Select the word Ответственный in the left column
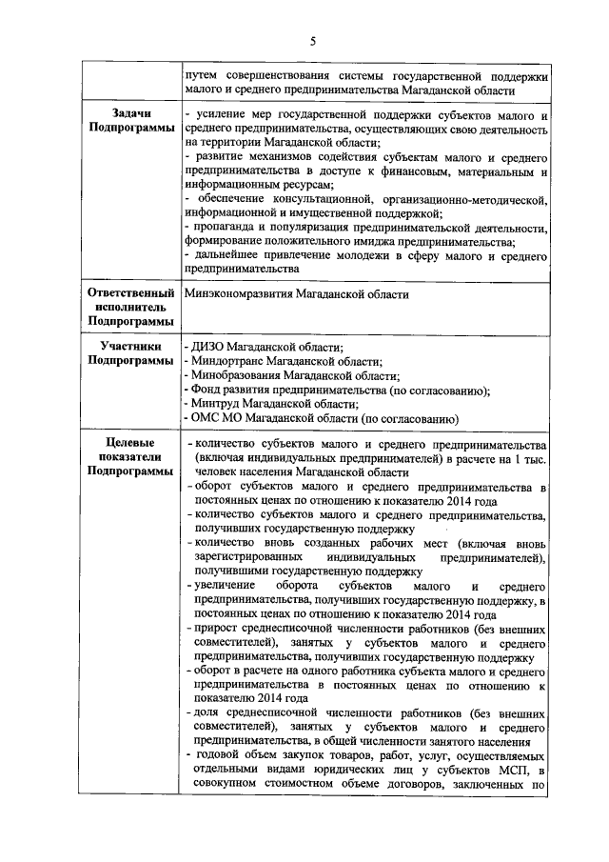coord(131,294)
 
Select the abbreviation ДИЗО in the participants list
coord(209,348)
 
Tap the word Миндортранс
coord(227,362)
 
